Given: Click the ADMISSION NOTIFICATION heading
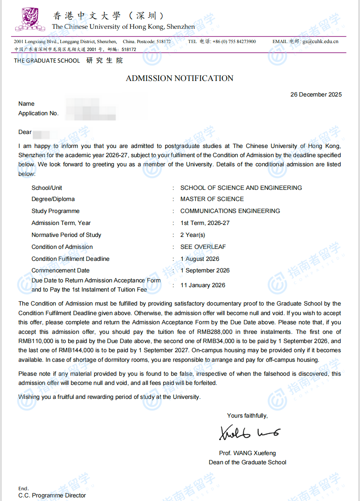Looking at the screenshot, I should pyautogui.click(x=180, y=79).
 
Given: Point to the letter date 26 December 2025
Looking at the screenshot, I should pyautogui.click(x=316, y=95).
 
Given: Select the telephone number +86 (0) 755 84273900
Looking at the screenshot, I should pyautogui.click(x=234, y=41).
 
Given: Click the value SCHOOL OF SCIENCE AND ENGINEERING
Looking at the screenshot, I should pyautogui.click(x=241, y=188).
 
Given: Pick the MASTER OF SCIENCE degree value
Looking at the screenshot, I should pyautogui.click(x=212, y=199).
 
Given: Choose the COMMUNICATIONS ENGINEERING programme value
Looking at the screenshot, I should pyautogui.click(x=230, y=211).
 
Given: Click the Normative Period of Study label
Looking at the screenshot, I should pyautogui.click(x=66, y=235).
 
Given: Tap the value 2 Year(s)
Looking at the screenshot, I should pyautogui.click(x=193, y=235).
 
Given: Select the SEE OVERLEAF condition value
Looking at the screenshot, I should pyautogui.click(x=203, y=247).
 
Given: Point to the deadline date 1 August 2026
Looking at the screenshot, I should pyautogui.click(x=200, y=259).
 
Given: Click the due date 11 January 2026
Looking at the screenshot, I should pyautogui.click(x=203, y=285).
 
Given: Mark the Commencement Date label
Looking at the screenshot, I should pyautogui.click(x=61, y=270).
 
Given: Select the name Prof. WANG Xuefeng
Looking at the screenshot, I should pyautogui.click(x=247, y=453).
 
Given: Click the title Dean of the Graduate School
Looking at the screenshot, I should pyautogui.click(x=247, y=462).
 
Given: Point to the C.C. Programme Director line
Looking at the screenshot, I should pyautogui.click(x=52, y=495).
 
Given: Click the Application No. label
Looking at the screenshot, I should pyautogui.click(x=38, y=113).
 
